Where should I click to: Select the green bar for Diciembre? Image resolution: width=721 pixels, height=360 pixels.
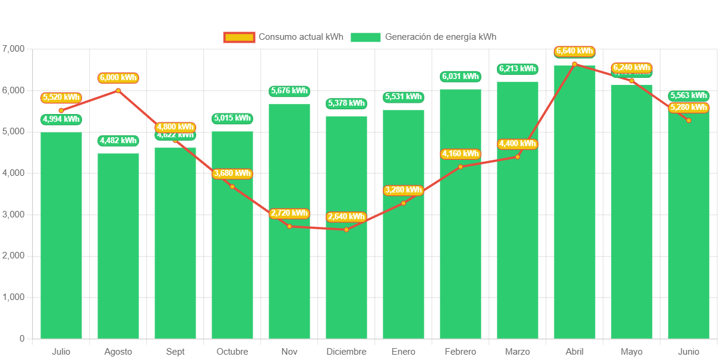click(x=347, y=285)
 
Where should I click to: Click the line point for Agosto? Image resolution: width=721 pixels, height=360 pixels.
click(x=118, y=90)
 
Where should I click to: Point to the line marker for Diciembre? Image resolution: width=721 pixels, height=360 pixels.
click(x=347, y=230)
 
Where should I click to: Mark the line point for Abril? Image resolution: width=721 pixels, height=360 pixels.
click(x=575, y=64)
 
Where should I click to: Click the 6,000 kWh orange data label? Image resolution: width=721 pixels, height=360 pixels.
click(x=118, y=78)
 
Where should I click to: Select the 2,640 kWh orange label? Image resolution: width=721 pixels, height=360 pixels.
click(x=347, y=216)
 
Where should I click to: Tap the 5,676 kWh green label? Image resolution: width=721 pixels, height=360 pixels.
click(x=289, y=91)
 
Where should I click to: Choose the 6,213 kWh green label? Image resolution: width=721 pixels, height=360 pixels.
click(x=518, y=69)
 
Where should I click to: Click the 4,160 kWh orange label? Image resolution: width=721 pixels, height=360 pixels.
click(x=461, y=154)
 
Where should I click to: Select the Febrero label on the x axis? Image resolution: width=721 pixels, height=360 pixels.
click(x=461, y=352)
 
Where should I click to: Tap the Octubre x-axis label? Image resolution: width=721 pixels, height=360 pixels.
click(x=232, y=352)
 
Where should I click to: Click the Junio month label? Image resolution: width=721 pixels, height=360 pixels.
click(x=689, y=352)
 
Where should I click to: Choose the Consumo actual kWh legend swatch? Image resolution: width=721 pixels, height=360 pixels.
click(x=239, y=37)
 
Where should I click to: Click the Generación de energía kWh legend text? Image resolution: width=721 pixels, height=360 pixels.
click(x=440, y=37)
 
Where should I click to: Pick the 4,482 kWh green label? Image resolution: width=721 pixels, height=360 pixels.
click(x=118, y=141)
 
